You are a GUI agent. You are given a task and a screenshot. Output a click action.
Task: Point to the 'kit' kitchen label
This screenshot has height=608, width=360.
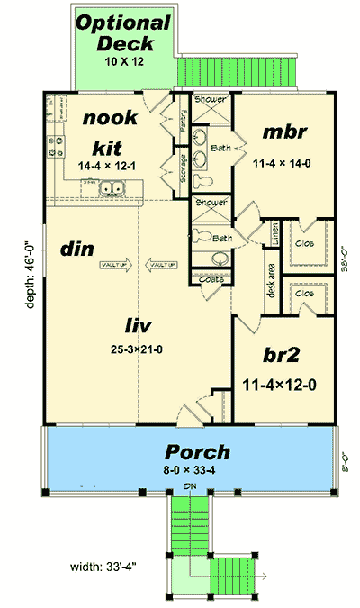(108, 146)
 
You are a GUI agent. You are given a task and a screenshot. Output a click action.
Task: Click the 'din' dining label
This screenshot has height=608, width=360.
(75, 248)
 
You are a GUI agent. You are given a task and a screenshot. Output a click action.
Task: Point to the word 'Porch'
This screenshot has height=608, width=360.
(197, 451)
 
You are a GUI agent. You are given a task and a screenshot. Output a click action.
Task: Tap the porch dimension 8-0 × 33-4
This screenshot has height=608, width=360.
(197, 471)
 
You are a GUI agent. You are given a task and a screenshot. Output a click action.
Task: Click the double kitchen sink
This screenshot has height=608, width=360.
(112, 189)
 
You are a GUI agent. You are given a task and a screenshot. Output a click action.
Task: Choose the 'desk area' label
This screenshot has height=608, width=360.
(270, 279)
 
